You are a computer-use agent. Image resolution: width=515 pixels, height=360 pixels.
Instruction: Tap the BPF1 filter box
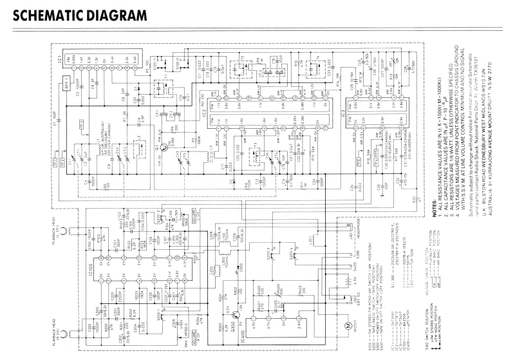pyautogui.click(x=69, y=86)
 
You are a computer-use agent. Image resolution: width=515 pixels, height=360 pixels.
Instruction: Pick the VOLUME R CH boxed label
pyautogui.click(x=163, y=335)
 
